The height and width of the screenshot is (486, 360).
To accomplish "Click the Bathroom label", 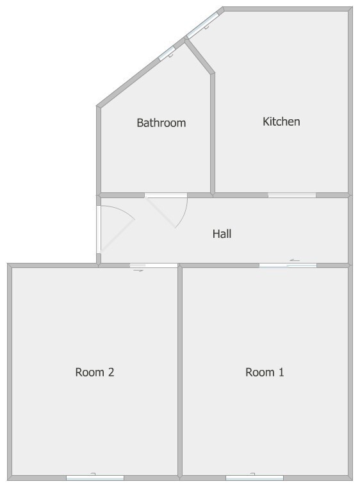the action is click(x=161, y=122).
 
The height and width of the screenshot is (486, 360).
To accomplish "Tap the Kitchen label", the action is click(x=281, y=121).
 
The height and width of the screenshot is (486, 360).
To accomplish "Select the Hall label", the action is click(x=222, y=233).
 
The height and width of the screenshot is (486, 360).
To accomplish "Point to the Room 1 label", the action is click(x=265, y=372).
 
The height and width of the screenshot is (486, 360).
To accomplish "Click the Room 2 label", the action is click(x=95, y=372).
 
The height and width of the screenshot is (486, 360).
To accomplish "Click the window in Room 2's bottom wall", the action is click(x=95, y=478).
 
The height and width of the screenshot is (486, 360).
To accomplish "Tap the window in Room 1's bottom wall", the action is click(x=254, y=478).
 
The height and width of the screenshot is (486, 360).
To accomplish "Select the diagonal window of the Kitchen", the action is click(x=203, y=25).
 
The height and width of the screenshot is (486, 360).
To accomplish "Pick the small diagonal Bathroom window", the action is click(x=166, y=53).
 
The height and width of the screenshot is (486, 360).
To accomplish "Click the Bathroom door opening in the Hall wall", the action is click(x=166, y=196).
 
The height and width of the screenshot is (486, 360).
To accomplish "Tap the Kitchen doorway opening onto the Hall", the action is click(x=292, y=196).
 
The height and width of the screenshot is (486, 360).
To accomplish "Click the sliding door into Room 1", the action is click(x=288, y=265).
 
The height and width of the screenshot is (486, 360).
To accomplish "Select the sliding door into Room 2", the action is click(x=154, y=265).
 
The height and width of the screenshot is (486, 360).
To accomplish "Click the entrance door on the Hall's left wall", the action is click(x=99, y=230).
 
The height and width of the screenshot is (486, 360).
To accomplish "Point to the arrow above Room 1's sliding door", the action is click(x=295, y=260).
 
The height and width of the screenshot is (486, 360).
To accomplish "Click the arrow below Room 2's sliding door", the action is click(x=138, y=271).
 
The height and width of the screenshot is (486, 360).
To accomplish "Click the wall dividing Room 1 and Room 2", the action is click(x=180, y=371).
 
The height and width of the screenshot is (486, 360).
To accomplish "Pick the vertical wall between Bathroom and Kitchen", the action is click(x=213, y=134).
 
